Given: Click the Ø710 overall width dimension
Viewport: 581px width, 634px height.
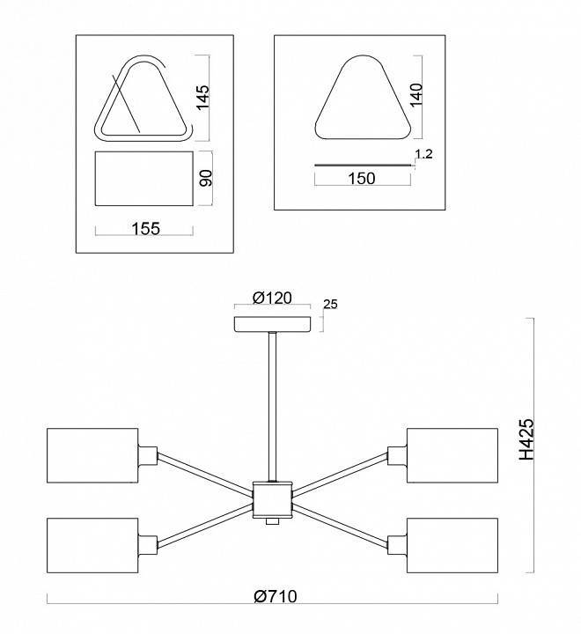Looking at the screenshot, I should pyautogui.click(x=275, y=596).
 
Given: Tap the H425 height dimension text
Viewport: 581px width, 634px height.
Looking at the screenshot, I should pyautogui.click(x=526, y=440).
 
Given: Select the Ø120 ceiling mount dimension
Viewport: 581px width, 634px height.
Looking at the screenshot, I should pyautogui.click(x=272, y=298).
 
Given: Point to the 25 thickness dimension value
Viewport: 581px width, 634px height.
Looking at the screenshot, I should pyautogui.click(x=332, y=305).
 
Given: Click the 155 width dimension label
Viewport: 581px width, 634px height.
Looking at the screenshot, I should pyautogui.click(x=144, y=229).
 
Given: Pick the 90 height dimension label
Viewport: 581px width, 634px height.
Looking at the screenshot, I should pyautogui.click(x=205, y=178).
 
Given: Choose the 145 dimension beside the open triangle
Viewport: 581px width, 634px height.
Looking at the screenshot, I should pyautogui.click(x=203, y=97).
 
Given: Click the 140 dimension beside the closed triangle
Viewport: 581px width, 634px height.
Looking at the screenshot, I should pyautogui.click(x=416, y=94).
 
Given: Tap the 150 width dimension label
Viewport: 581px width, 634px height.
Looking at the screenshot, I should pyautogui.click(x=362, y=179).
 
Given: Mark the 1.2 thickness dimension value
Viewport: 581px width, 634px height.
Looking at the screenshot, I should pyautogui.click(x=423, y=154).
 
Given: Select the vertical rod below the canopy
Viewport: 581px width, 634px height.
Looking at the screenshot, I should pyautogui.click(x=273, y=405).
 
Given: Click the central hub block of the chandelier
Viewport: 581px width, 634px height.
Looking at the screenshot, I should pyautogui.click(x=272, y=499).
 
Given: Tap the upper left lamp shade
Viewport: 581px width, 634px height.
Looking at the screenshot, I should pyautogui.click(x=93, y=456).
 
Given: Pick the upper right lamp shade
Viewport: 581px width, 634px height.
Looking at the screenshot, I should pyautogui.click(x=452, y=456).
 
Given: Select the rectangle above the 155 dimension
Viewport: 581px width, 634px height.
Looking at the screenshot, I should pyautogui.click(x=143, y=179).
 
